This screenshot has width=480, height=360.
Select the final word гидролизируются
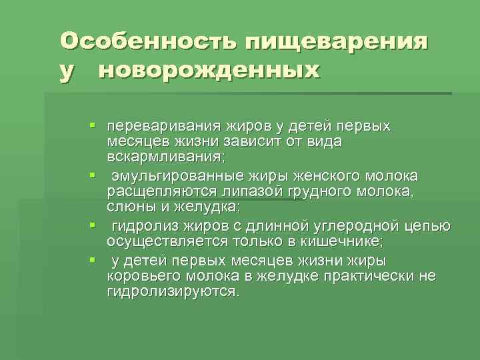pyautogui.click(x=171, y=293)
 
